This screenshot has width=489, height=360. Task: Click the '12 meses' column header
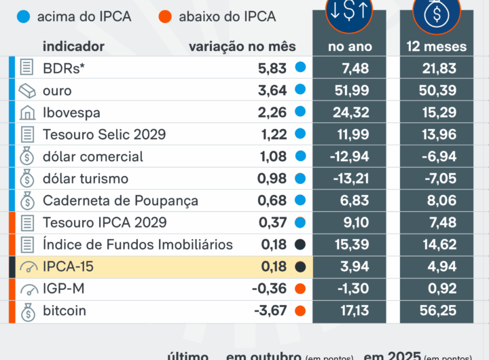point(436,46)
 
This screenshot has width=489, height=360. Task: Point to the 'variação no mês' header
point(242,46)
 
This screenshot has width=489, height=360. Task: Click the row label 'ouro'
point(57,90)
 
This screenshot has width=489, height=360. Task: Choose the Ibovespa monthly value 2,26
point(273,112)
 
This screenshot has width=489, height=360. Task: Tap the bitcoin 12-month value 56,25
point(436,312)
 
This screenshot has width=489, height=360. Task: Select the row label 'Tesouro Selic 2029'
point(104,134)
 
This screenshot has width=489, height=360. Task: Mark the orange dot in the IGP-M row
point(300,289)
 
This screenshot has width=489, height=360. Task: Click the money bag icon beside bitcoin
point(27,312)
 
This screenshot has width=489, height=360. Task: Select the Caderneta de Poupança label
point(120,201)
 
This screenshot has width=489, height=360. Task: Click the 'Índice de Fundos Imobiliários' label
point(137,245)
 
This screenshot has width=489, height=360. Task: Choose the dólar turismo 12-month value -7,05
point(436,179)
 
